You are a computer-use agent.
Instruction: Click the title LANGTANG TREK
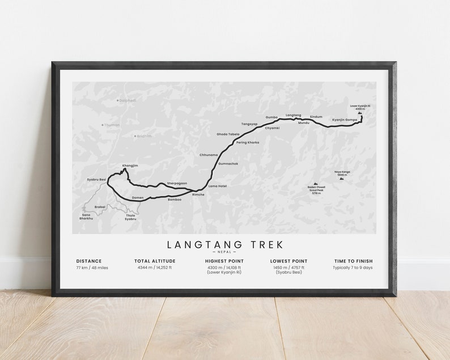[x=225, y=244]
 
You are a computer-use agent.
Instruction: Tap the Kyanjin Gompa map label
[x=345, y=120]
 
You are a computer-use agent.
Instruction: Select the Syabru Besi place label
[x=96, y=179]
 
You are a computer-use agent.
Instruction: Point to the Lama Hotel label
[x=218, y=186]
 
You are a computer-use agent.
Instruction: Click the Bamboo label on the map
[x=175, y=200]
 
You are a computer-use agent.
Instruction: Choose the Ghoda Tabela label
[x=228, y=134]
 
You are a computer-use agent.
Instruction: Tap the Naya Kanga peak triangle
[x=341, y=179]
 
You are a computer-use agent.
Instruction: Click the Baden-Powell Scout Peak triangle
[x=316, y=184]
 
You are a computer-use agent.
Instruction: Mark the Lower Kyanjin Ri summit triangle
[x=360, y=113]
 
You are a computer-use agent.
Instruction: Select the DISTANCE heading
[x=89, y=261]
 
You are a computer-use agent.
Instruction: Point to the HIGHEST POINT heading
[x=224, y=261]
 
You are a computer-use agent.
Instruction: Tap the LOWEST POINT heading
[x=288, y=261]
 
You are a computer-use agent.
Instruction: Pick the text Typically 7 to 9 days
[x=353, y=268]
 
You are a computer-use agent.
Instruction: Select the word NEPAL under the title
[x=225, y=252]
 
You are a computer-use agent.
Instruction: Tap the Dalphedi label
[x=127, y=100]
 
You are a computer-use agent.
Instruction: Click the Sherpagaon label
[x=176, y=184]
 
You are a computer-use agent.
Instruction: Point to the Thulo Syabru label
[x=130, y=217]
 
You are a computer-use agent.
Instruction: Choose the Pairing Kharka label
[x=247, y=142]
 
